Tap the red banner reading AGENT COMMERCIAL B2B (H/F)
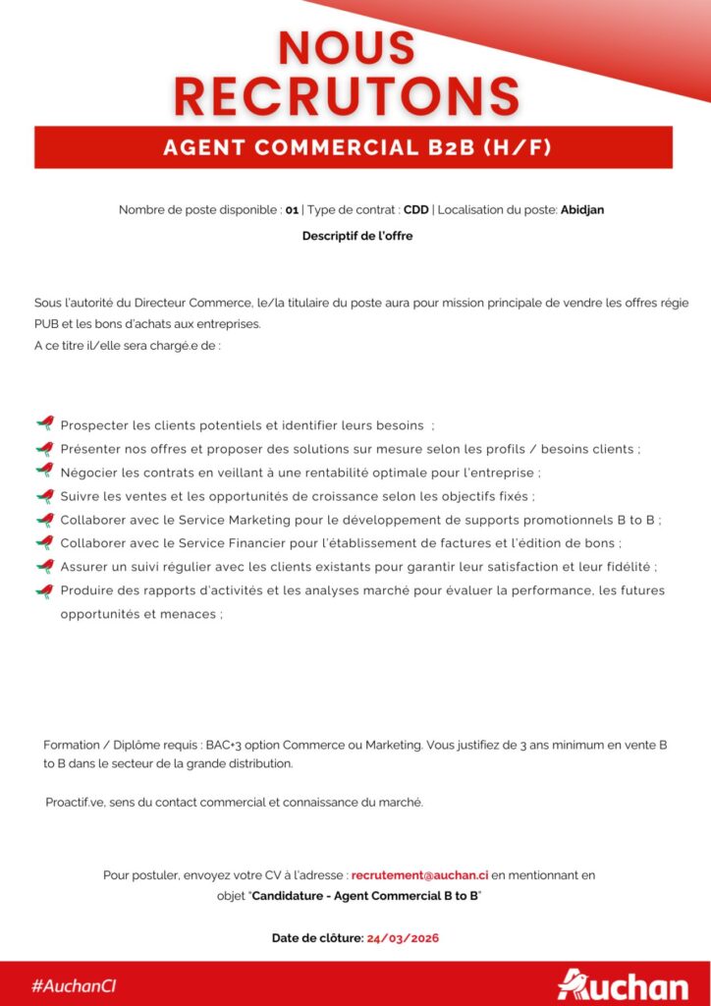(x=354, y=147)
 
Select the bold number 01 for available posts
(x=292, y=210)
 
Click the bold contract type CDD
(x=415, y=210)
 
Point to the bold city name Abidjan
(x=589, y=210)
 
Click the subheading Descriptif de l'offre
(x=357, y=236)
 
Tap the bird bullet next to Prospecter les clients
(x=44, y=424)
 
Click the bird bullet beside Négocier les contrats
(x=44, y=472)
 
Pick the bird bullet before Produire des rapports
(x=44, y=589)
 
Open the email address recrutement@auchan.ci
(x=419, y=874)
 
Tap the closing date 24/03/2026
(x=403, y=938)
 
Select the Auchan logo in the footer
(x=623, y=984)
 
